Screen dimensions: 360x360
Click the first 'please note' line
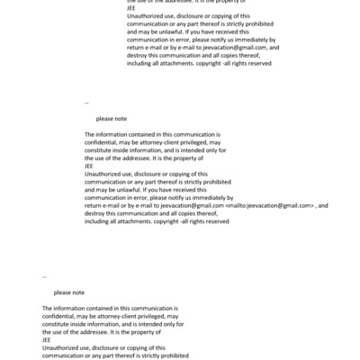(112, 119)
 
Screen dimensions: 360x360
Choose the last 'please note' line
(69, 292)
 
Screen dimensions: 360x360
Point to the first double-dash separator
(85, 103)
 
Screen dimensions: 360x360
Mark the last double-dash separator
(44, 276)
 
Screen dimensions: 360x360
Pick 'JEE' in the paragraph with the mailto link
(88, 166)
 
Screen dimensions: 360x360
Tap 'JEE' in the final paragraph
(47, 339)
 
